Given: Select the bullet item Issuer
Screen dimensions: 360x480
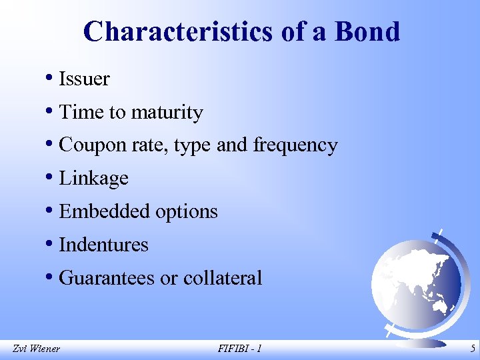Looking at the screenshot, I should (84, 79).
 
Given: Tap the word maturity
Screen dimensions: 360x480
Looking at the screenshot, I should (166, 113).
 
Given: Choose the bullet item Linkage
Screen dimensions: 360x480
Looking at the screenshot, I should (93, 179).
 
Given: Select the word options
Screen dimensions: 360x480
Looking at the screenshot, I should (186, 212).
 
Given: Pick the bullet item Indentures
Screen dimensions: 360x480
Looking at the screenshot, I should (103, 245).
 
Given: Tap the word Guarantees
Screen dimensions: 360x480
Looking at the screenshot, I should (107, 278).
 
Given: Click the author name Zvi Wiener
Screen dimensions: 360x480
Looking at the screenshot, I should (36, 348).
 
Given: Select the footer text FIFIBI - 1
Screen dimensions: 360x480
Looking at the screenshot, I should (239, 348).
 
